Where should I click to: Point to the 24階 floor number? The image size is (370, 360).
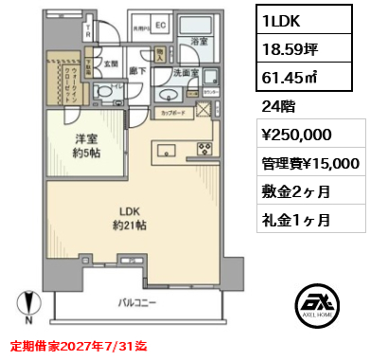(x=276, y=107)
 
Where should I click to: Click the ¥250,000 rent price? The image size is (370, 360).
(x=295, y=135)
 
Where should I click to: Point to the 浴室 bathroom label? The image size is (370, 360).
(x=200, y=42)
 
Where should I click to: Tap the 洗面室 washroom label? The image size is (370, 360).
(x=186, y=73)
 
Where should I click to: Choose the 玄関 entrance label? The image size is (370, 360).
(x=111, y=64)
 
